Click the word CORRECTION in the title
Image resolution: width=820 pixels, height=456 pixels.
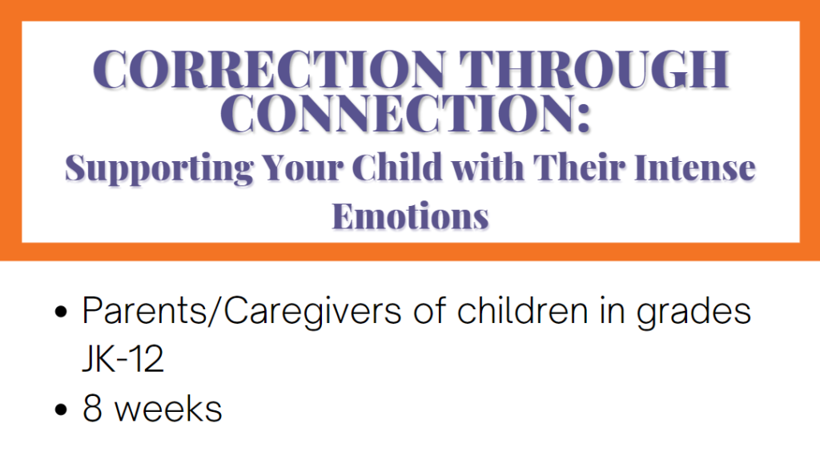pos(270,69)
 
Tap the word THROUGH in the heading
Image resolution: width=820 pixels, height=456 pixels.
pos(594,69)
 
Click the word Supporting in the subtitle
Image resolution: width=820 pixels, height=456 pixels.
pos(159,168)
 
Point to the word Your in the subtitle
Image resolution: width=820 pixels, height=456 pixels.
pos(303,167)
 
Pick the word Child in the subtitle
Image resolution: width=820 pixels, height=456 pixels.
pos(397,167)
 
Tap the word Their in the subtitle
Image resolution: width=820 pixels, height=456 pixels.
pos(579,167)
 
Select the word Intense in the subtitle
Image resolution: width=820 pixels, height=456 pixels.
pos(695,167)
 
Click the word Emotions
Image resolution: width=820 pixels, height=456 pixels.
pos(411,216)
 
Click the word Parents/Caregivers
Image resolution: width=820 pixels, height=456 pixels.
pos(242,312)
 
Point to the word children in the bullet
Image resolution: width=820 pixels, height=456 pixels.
pos(522,310)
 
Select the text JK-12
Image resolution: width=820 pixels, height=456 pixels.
pos(123,358)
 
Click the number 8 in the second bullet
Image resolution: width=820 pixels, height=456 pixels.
pos(92,409)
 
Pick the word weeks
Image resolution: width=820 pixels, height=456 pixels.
pos(168,409)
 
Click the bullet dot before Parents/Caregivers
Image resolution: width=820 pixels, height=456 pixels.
pos(61,313)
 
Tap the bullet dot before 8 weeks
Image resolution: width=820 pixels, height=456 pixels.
pos(61,410)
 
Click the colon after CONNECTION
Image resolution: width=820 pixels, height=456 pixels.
pos(584,117)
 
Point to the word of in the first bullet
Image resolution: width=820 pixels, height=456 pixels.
pos(429,310)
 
